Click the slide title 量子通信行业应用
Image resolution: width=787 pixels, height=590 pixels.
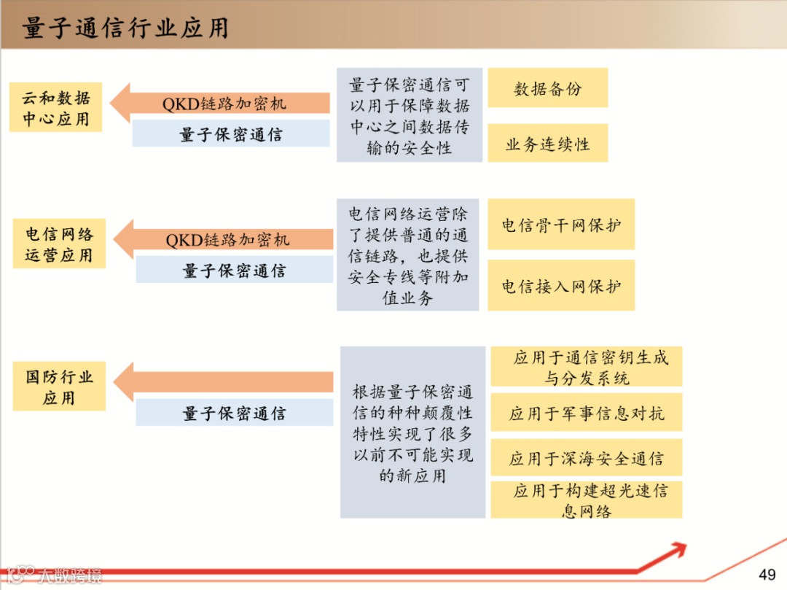pos(125,27)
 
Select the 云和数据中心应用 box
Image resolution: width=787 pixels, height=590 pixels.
pos(55,107)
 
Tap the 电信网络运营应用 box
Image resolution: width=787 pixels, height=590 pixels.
pos(59,244)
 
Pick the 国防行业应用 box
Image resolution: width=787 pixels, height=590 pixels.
pos(59,387)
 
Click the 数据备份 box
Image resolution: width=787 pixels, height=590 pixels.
pos(547,88)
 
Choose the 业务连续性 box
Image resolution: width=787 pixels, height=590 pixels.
pos(547,144)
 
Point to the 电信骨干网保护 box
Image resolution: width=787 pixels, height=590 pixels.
pos(561,225)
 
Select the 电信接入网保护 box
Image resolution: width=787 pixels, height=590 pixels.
pos(561,286)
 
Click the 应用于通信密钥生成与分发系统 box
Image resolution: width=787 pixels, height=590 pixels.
pos(586,367)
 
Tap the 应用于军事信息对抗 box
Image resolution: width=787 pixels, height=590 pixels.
pos(586,414)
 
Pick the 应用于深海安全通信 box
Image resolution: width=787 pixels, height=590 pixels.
pos(586,458)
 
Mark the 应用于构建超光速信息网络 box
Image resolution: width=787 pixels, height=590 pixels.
pos(586,500)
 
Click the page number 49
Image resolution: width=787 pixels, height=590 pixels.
pos(767,574)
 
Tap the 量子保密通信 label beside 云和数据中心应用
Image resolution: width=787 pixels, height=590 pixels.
pos(231,134)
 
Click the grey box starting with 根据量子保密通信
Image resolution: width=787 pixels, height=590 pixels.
pos(412,432)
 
